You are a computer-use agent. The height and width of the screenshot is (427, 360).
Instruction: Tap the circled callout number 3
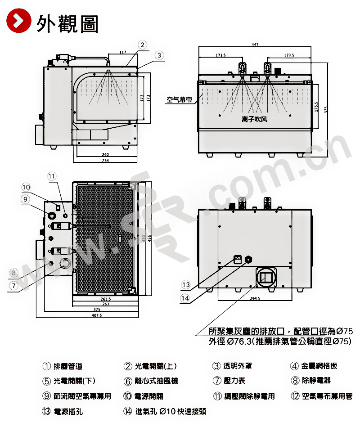coord(159,55)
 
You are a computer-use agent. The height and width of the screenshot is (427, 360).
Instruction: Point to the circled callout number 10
coord(26,187)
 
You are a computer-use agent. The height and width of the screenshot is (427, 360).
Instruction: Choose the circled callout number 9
coord(26,198)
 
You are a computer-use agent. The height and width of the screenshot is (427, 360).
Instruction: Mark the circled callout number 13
coord(186,284)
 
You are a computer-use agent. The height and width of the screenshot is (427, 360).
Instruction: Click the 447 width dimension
coord(255,45)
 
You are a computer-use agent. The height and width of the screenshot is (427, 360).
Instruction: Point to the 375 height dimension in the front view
coord(325,108)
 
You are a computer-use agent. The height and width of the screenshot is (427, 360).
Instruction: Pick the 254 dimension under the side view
coord(105,160)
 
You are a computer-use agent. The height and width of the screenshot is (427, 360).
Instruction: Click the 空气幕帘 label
coord(179,100)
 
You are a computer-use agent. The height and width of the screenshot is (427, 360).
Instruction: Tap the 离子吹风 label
coord(254,119)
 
